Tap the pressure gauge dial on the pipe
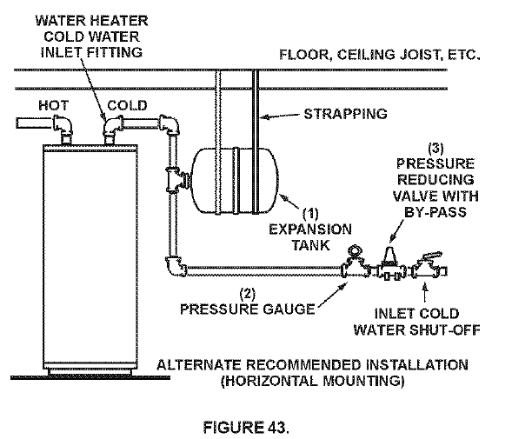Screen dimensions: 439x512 pyautogui.click(x=355, y=254)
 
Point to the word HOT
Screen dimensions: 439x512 pyautogui.click(x=55, y=105)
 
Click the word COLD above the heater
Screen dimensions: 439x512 pyautogui.click(x=126, y=105)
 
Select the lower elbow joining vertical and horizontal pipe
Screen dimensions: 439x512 pyautogui.click(x=174, y=266)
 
